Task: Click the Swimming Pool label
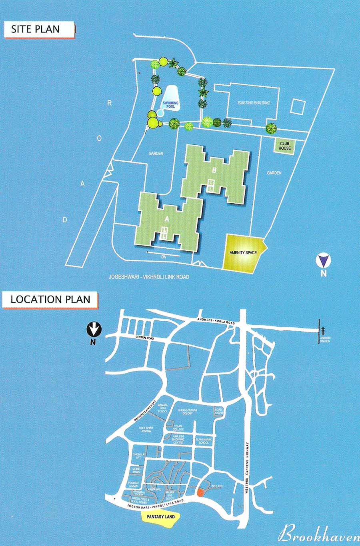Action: pos(171,105)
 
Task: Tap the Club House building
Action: pos(285,146)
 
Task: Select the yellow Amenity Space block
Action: pos(243,253)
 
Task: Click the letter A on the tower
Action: pos(167,219)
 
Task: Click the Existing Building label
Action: pos(254,103)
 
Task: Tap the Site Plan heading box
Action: pos(39,29)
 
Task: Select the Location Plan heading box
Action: pos(50,300)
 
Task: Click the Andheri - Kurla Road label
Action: pos(216,319)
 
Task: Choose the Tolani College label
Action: pos(178,428)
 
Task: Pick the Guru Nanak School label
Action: pos(203,441)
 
